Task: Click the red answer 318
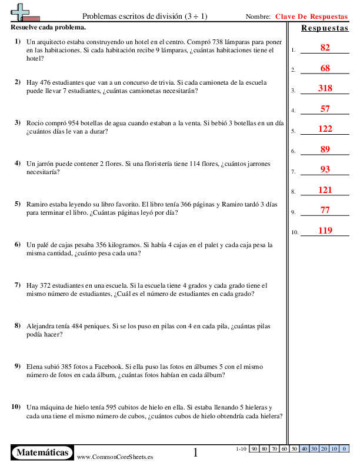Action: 325,88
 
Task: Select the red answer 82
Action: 325,48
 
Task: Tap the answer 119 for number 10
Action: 325,231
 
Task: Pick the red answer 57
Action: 325,108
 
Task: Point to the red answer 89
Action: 325,149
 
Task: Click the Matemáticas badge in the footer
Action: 42,452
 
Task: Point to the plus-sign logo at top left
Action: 22,11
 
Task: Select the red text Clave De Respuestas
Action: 312,17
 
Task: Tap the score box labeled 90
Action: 255,449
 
